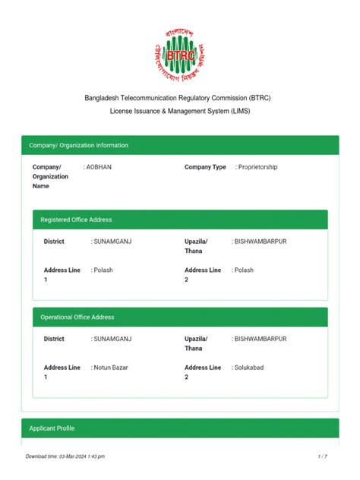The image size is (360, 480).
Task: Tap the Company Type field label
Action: (205, 167)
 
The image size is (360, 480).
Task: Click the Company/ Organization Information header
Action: (79, 145)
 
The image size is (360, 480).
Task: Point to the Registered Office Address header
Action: (76, 219)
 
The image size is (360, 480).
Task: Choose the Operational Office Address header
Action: (77, 317)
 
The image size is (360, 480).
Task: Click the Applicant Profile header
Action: (52, 428)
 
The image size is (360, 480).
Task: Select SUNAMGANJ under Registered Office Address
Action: (113, 242)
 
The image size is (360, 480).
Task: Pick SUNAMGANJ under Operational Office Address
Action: (113, 339)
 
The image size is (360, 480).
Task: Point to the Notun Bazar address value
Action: (112, 368)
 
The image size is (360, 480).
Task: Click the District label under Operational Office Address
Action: (54, 339)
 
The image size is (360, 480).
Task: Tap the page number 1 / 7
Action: (322, 456)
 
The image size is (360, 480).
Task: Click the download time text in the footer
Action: (65, 456)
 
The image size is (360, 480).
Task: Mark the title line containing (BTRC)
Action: (180, 99)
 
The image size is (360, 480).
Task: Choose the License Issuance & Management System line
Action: (180, 111)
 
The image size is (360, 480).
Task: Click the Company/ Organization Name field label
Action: (50, 176)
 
